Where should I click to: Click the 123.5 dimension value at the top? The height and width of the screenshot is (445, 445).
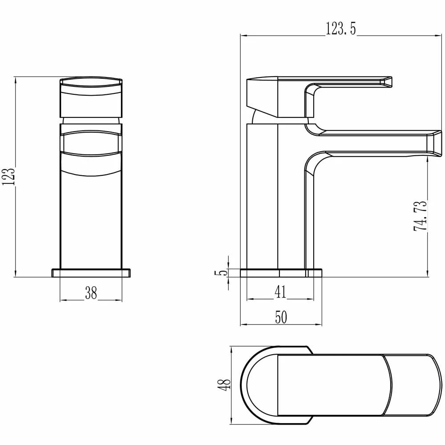tap(341, 29)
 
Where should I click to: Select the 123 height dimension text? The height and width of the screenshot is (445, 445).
tap(9, 177)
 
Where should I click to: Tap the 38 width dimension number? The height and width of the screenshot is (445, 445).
tap(91, 293)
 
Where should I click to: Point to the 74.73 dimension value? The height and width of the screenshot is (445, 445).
tap(421, 215)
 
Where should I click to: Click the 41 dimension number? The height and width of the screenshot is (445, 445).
tap(280, 292)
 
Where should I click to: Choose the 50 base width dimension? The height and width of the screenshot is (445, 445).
tap(280, 317)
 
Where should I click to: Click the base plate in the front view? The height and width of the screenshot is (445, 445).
tap(91, 273)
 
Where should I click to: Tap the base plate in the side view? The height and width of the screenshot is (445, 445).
tap(280, 273)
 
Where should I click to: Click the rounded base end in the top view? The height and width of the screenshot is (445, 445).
tap(249, 383)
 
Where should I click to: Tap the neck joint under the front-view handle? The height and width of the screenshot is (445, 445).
tap(91, 121)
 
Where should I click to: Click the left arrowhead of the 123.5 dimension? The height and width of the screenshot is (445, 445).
tap(243, 36)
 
